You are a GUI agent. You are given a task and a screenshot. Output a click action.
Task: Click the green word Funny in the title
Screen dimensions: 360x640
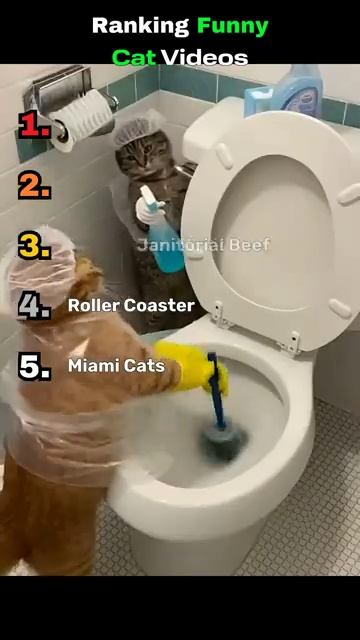232,27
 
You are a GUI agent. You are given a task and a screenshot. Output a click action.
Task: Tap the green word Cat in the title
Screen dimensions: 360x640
134,58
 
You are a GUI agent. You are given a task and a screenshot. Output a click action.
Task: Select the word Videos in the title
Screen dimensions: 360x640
204,58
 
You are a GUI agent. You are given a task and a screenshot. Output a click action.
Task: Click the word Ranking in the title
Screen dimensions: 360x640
140,27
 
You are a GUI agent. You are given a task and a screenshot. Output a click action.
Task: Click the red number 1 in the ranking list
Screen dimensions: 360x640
34,124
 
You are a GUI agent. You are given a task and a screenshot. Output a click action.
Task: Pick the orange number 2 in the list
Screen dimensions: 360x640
34,186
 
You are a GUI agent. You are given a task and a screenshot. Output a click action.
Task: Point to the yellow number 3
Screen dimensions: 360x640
34,245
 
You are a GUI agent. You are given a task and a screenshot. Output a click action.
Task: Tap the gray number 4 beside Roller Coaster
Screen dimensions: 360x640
34,305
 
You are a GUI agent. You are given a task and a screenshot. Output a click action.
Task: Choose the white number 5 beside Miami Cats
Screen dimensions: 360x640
34,366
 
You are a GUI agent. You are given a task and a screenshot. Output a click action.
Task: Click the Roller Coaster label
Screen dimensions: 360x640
131,305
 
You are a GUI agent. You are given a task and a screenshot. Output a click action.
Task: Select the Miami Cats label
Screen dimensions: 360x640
116,366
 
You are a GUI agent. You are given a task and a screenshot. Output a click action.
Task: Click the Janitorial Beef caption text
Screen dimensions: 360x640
203,245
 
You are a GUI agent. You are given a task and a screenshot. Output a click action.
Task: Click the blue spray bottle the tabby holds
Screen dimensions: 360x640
161,233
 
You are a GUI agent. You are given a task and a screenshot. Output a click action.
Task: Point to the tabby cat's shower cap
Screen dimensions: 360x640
137,129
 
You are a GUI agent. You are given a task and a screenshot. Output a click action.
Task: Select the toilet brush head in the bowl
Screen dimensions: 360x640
223,442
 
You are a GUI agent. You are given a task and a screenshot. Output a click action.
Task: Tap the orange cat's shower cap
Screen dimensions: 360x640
41,263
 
